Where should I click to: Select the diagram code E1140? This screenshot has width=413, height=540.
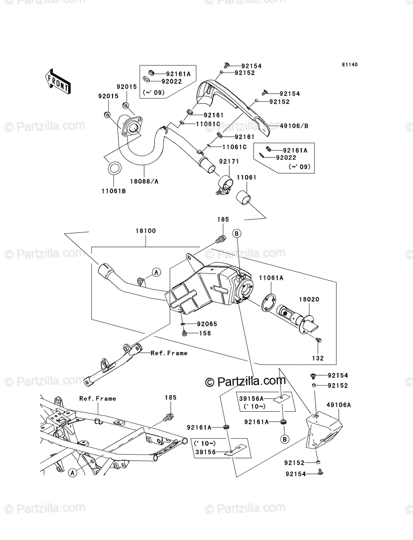349,65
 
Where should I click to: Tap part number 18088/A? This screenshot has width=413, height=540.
144,181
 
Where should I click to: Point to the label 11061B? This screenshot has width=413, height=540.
113,191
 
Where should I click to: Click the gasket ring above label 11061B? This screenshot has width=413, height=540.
114,168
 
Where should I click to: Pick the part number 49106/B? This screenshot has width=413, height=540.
294,126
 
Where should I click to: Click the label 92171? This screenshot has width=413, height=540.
229,162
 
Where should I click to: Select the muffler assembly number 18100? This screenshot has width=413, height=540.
146,231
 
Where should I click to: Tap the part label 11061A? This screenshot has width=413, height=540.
271,278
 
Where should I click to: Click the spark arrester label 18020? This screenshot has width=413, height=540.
309,299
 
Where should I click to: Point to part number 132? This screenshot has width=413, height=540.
318,358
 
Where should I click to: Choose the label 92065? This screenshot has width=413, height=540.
207,324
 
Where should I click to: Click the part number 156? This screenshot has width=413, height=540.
205,333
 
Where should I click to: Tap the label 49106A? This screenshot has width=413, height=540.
339,405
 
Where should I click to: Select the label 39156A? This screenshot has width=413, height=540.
251,399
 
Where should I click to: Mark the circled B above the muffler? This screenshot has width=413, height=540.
237,234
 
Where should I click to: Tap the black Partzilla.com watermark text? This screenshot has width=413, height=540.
245,382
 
